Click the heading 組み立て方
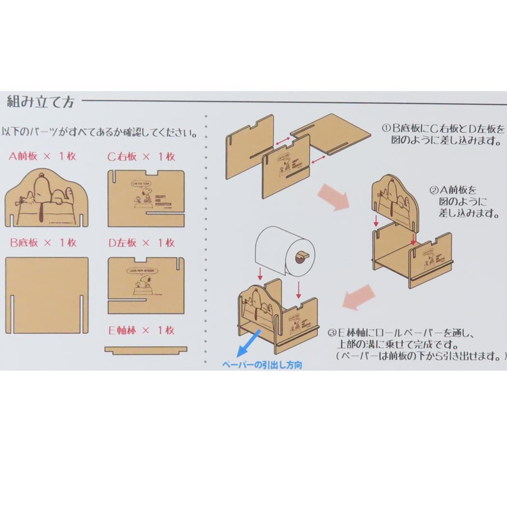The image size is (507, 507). tap(41, 102)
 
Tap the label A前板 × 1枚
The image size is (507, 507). tap(42, 156)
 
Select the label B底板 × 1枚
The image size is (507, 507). tap(43, 242)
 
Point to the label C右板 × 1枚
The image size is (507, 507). tap(141, 156)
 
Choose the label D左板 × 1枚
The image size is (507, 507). tap(141, 242)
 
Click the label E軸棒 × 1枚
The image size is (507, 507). tap(141, 331)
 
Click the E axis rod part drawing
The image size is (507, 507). tap(146, 349)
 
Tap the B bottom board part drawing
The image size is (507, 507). tap(47, 296)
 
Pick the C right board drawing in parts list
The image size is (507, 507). tap(146, 198)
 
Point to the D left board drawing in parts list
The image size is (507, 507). tap(146, 285)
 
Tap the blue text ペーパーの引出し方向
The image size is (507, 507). tap(262, 365)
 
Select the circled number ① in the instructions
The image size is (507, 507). tap(386, 129)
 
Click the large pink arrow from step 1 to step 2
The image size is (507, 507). tap(333, 199)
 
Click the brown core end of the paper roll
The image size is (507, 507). tap(301, 256)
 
